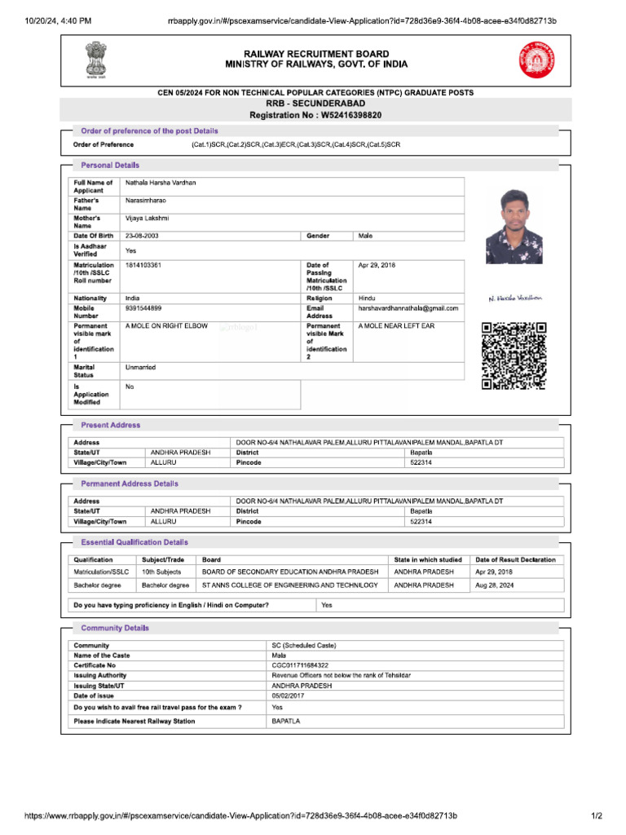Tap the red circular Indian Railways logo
pyautogui.click(x=535, y=59)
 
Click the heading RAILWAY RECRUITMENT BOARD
pyautogui.click(x=316, y=53)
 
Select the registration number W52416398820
pyautogui.click(x=342, y=116)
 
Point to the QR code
pyautogui.click(x=514, y=356)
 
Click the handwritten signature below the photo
pyautogui.click(x=514, y=298)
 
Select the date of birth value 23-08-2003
pyautogui.click(x=140, y=236)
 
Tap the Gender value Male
pyautogui.click(x=365, y=236)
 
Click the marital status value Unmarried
pyautogui.click(x=140, y=368)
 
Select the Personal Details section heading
pyautogui.click(x=110, y=165)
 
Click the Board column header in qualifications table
pyautogui.click(x=211, y=559)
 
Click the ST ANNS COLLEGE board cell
pyautogui.click(x=289, y=585)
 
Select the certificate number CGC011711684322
pyautogui.click(x=300, y=665)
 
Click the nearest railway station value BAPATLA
pyautogui.click(x=286, y=722)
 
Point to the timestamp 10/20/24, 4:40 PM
pyautogui.click(x=52, y=20)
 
